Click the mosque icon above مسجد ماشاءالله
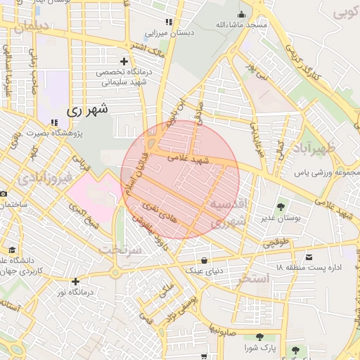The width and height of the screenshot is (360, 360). coord(242,13)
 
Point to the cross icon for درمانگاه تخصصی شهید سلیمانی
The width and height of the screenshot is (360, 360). coord(124,62)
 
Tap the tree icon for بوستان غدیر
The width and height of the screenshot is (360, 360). coord(281,207)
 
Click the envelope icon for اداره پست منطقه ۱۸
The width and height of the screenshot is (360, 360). coord(310,257)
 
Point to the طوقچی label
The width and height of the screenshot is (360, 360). coord(276,243)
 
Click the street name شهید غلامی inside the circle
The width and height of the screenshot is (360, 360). coord(189,160)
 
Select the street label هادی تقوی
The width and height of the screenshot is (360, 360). coord(156,207)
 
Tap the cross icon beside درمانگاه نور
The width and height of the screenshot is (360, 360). coord(75,281)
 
